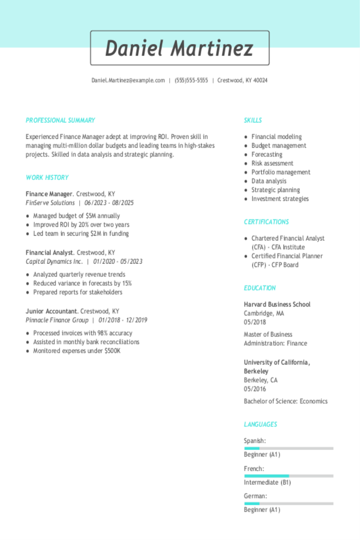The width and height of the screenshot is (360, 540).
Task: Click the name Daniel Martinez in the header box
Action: (180, 48)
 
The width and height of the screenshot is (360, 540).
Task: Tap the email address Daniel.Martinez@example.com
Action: (128, 81)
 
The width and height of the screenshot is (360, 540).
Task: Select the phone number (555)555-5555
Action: (191, 81)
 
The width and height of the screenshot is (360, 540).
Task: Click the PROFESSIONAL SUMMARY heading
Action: (60, 120)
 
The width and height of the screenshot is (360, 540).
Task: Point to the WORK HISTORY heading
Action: (47, 178)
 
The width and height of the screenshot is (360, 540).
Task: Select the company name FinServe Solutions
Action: (50, 203)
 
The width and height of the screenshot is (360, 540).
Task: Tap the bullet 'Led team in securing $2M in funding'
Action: (81, 233)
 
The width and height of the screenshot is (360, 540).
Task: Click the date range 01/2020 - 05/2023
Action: (118, 262)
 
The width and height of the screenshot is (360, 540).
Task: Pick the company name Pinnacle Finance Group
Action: (57, 320)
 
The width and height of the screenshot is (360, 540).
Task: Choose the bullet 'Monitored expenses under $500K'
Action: (77, 351)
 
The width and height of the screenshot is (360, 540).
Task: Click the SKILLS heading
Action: (253, 120)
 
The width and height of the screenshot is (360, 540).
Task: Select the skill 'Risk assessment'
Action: (272, 164)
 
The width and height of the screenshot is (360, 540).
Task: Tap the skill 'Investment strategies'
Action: (280, 199)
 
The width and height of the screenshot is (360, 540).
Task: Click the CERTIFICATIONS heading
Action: (266, 222)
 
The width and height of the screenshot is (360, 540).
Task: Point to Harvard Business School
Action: (277, 305)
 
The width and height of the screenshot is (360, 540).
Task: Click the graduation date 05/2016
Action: (255, 389)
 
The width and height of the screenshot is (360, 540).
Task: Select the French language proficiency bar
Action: (289, 476)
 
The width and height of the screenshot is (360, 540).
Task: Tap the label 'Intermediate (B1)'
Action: (267, 482)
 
